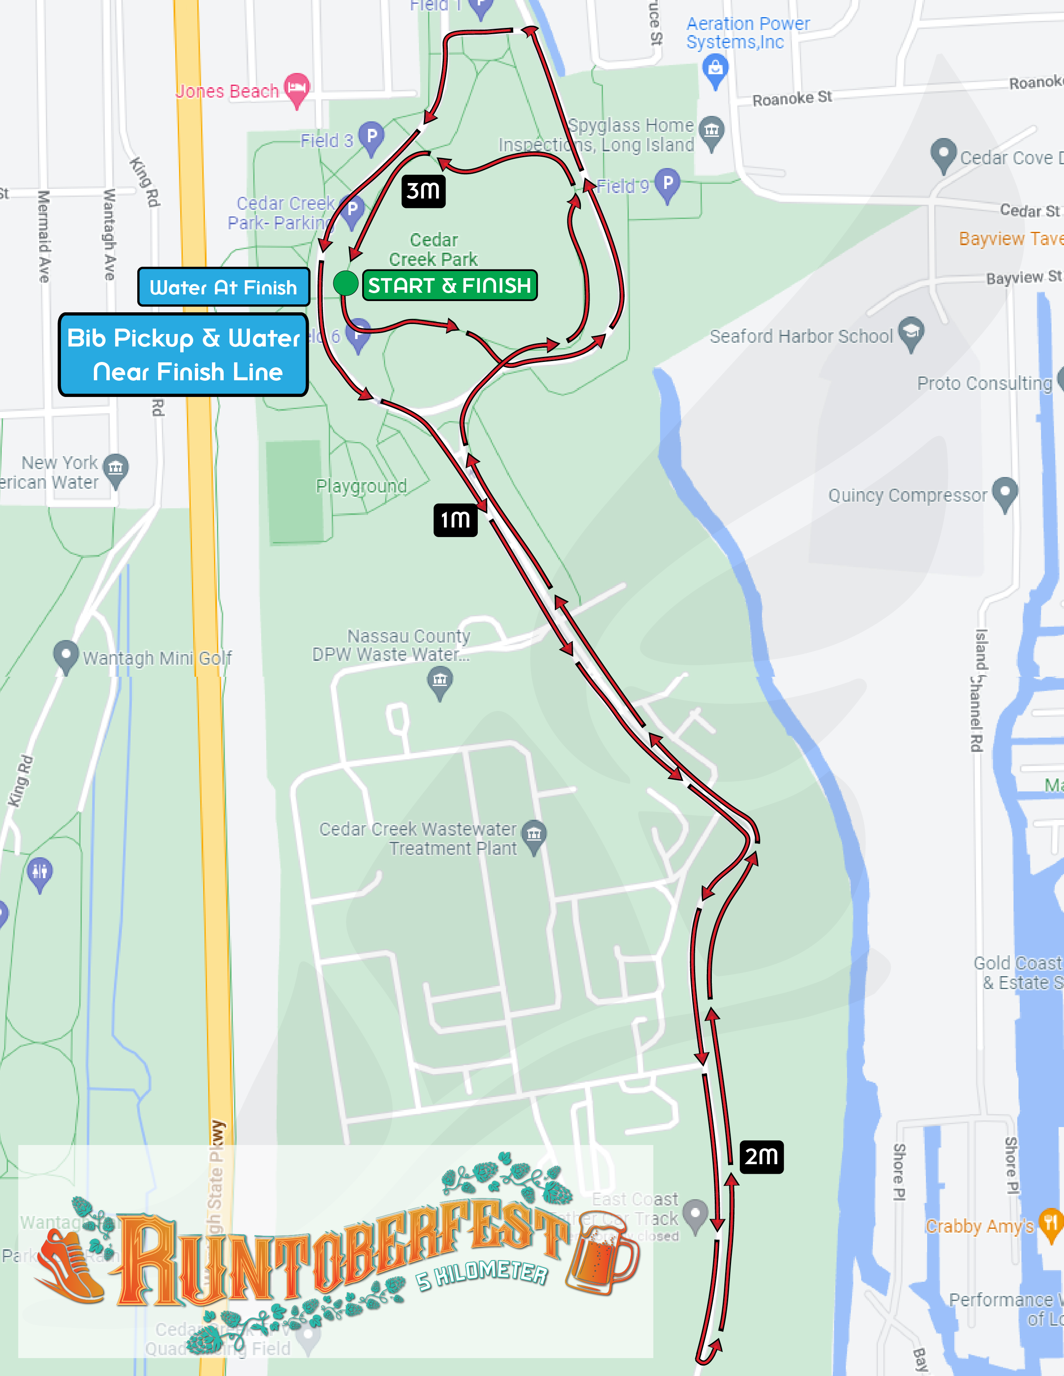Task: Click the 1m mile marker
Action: click(455, 520)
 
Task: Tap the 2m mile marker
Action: click(761, 1157)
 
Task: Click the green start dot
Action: click(345, 283)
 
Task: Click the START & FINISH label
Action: click(449, 285)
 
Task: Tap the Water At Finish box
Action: click(223, 287)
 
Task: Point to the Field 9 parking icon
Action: click(668, 183)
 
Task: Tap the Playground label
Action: click(361, 486)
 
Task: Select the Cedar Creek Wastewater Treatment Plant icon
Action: click(534, 836)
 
